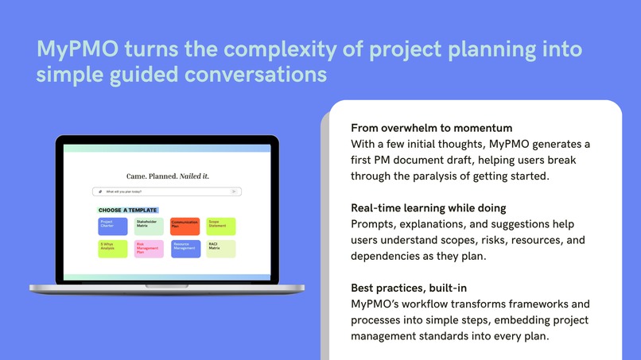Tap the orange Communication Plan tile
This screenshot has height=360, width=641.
pyautogui.click(x=185, y=226)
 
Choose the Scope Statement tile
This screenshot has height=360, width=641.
pyautogui.click(x=221, y=226)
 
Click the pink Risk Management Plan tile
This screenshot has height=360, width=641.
pyautogui.click(x=148, y=249)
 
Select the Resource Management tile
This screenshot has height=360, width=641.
pyautogui.click(x=185, y=249)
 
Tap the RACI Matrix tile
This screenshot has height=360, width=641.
pyautogui.click(x=221, y=249)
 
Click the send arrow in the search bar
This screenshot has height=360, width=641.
pyautogui.click(x=234, y=192)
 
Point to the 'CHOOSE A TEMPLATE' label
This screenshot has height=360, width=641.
pyautogui.click(x=127, y=211)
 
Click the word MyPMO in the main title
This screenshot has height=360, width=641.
pyautogui.click(x=68, y=50)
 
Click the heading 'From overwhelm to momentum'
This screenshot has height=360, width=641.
pyautogui.click(x=430, y=128)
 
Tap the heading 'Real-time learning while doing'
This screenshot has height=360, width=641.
pyautogui.click(x=428, y=208)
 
